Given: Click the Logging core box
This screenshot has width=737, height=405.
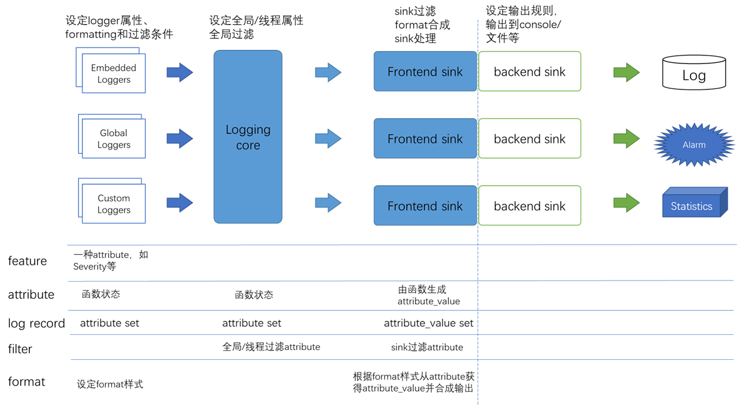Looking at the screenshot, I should (x=248, y=137).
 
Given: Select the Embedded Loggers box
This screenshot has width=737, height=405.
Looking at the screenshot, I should (x=113, y=73).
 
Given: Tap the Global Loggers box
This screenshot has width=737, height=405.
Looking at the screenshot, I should (x=113, y=138).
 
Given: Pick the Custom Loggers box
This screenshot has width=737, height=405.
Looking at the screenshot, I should (x=113, y=204).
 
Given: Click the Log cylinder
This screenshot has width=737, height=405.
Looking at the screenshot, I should (x=694, y=74).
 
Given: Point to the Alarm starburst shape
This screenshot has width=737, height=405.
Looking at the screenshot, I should (x=694, y=145).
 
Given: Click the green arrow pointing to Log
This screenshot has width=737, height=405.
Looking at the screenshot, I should (x=626, y=72).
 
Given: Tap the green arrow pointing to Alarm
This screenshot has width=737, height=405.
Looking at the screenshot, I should (x=626, y=138).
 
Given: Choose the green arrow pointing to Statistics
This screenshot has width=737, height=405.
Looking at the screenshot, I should (x=626, y=202).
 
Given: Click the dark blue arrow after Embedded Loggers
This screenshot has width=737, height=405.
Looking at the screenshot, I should (x=179, y=72).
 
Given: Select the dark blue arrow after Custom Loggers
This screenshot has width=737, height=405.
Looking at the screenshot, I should (x=179, y=202).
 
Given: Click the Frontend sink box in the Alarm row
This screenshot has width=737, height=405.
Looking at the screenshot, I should (x=425, y=138).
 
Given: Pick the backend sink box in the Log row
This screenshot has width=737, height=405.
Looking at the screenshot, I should (x=530, y=72).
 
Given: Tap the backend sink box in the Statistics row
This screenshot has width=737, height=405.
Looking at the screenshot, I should (x=530, y=206).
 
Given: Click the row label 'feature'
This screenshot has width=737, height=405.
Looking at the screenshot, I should (x=27, y=261).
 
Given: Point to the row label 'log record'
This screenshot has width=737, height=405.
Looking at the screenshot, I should (x=36, y=323).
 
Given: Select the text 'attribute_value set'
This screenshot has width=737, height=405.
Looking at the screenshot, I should (x=428, y=323).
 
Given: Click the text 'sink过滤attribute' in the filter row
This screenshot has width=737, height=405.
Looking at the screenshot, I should (x=426, y=347).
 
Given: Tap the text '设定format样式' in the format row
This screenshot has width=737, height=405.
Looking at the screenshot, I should (x=110, y=384).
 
